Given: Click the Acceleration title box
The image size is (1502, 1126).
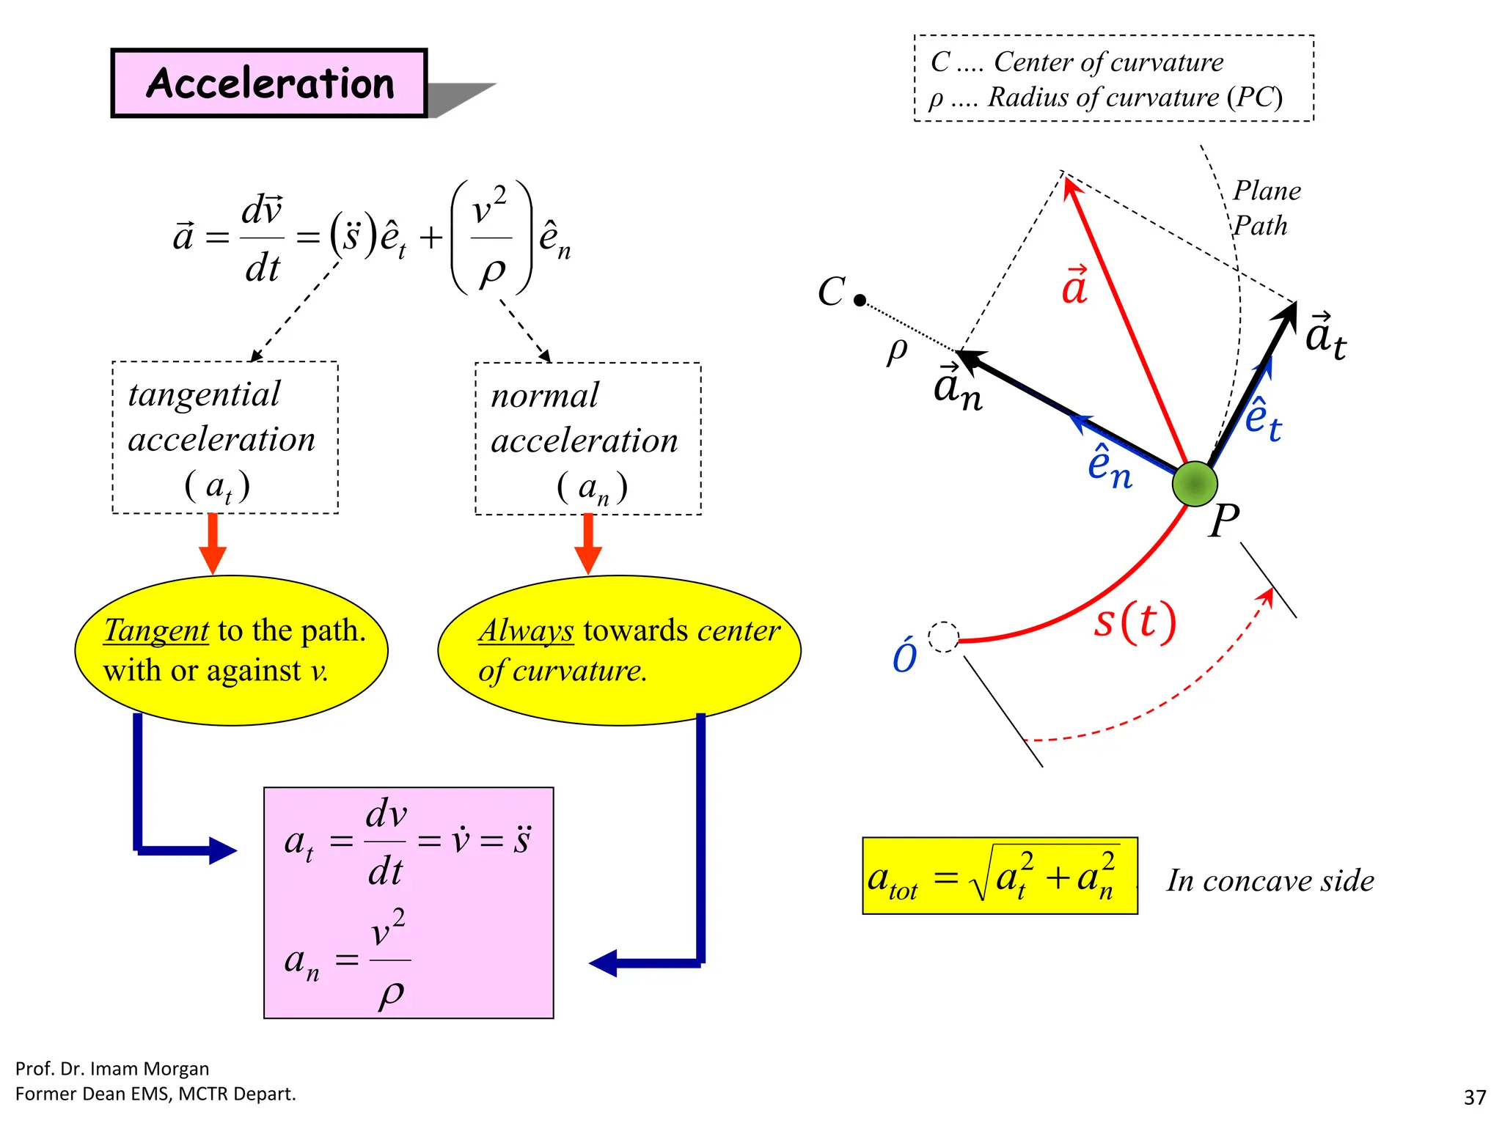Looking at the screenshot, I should click(269, 83).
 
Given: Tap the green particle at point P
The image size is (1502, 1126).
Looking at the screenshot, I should click(1195, 484).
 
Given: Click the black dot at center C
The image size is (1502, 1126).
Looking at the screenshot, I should click(860, 300).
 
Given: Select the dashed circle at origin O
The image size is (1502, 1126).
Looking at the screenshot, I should click(943, 637).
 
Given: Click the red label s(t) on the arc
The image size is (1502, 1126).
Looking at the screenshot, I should click(1135, 621).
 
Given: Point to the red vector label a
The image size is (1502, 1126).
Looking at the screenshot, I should click(1075, 286).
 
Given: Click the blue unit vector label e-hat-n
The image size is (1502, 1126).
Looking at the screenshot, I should click(1109, 466).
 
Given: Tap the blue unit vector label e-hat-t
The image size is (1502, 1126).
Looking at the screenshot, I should click(1263, 420).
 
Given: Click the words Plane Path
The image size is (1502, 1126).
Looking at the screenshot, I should click(1265, 208).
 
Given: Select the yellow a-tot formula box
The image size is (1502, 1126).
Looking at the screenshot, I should click(1000, 876).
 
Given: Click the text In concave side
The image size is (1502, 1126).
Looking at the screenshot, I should click(1270, 880).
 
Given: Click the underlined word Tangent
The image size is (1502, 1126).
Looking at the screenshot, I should click(156, 630).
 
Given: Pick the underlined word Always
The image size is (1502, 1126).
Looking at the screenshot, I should click(525, 630).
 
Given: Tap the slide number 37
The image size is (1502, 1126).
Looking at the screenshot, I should click(1474, 1097).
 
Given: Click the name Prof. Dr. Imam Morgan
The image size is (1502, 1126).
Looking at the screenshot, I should click(112, 1069).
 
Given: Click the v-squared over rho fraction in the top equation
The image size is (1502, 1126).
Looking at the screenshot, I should click(491, 238).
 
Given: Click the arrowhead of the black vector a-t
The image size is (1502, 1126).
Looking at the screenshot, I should click(1288, 314).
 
